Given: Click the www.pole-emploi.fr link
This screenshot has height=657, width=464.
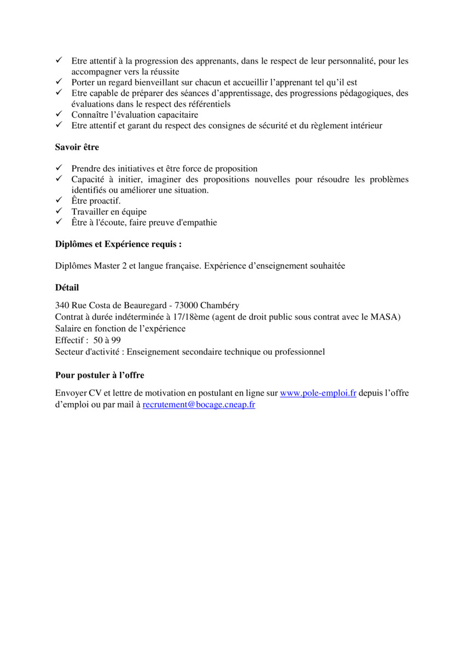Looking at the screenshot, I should point(318,393).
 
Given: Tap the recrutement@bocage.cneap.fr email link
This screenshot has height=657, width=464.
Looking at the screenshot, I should point(199,405).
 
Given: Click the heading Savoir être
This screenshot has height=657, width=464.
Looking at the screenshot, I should point(77,147).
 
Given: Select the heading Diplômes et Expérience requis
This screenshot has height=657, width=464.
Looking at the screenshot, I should point(118,245).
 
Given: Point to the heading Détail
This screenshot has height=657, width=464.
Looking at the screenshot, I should point(67,287).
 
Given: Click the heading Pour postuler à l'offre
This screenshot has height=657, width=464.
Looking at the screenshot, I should point(100,375).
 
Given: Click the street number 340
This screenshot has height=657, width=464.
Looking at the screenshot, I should point(62,306).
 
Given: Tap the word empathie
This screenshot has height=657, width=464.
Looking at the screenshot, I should point(196,222).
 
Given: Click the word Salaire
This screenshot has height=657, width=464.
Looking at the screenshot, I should point(68,328).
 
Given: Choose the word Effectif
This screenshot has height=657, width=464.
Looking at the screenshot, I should point(69,340).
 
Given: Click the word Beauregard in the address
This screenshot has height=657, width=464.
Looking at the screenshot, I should point(143,306).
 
